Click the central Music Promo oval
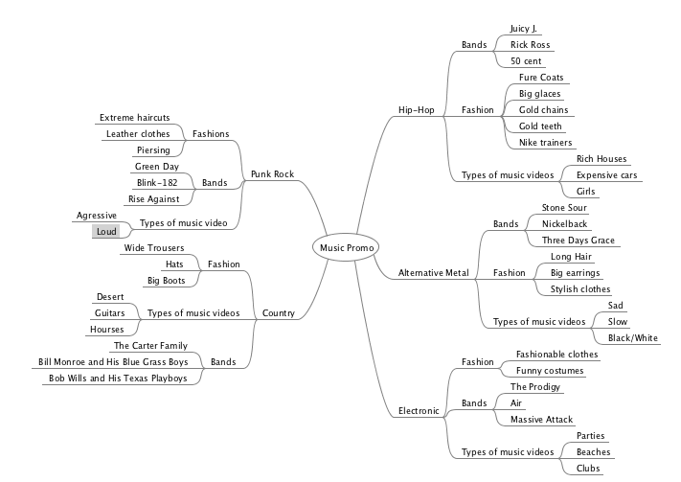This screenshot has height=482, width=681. coord(346,247)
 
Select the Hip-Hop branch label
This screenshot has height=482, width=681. coord(416,110)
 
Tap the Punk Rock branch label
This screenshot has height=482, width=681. coord(272,174)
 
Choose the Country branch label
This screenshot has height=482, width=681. coord(278,313)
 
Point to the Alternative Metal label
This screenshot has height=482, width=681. coord(433,273)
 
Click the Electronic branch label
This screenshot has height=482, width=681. coord(419,411)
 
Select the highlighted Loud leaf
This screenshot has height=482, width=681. coord(105,232)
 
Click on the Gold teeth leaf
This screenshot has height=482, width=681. coord(540,126)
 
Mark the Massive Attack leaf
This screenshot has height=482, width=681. coord(541,420)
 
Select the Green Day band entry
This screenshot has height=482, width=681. coord(157,167)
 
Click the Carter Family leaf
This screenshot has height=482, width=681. coord(150,345)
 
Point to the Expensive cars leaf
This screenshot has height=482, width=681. coord(606,175)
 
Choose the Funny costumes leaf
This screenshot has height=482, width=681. coord(551,370)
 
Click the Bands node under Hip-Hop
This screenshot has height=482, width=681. coord(474,45)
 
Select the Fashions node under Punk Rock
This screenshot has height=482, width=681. coord(211,134)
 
